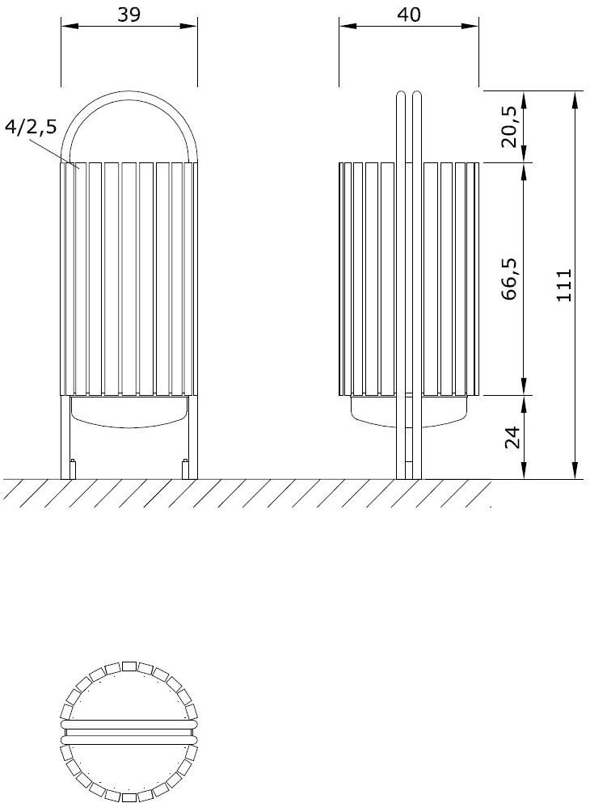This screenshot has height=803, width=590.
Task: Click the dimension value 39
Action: [x=129, y=14]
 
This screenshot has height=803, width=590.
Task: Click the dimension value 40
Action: [x=409, y=14]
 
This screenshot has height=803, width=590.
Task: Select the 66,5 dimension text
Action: [x=509, y=280]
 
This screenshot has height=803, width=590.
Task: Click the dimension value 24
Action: [x=509, y=437]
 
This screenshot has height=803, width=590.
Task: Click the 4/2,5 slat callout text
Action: [x=30, y=127]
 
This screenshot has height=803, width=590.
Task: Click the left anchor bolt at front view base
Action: [x=74, y=469]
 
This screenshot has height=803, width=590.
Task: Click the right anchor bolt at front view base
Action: [x=185, y=469]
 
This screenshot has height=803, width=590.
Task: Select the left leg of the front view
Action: [x=65, y=436]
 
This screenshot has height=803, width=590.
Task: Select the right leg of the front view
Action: [x=193, y=436]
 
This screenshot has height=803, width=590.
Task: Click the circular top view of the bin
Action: [x=129, y=732]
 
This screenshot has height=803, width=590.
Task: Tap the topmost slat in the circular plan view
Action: [x=129, y=666]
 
